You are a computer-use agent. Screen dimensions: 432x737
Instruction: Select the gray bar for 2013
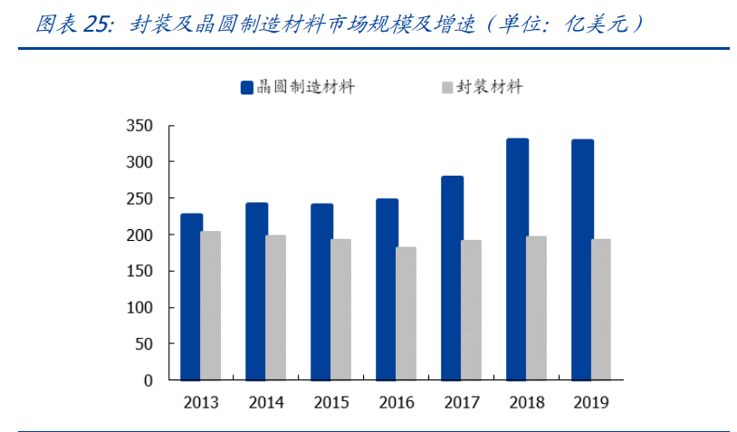coord(210,305)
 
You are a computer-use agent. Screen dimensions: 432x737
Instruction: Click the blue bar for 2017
coord(452,278)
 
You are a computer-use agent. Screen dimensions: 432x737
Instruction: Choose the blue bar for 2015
coord(321,292)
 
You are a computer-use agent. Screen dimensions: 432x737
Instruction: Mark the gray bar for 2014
coord(275,307)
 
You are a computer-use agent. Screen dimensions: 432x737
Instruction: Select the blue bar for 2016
coord(387,289)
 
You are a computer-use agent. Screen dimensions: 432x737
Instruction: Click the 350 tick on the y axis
coord(139,125)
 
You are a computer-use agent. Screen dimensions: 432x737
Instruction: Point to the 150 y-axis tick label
coord(139,271)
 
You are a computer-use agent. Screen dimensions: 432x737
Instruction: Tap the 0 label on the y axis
coord(148,380)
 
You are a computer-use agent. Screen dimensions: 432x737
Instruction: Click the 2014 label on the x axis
coord(266,403)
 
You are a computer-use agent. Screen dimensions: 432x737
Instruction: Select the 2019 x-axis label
coord(591,403)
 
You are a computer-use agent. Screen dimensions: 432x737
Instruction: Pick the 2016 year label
coord(397,403)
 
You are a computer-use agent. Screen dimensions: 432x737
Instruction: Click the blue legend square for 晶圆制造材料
coord(246,88)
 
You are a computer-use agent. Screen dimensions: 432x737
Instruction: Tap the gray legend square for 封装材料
coord(446,88)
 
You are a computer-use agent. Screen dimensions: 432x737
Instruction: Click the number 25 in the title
coord(96,24)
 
